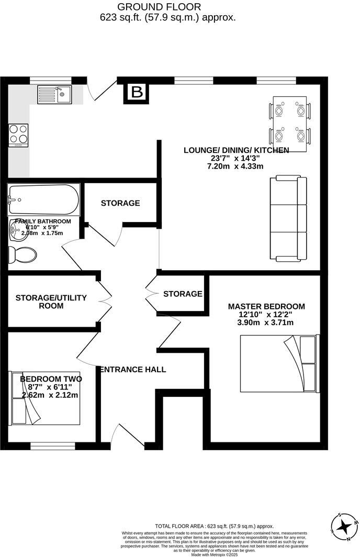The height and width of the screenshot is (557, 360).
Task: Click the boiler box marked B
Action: [x=137, y=92]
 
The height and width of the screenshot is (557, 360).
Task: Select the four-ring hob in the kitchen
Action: [x=18, y=134]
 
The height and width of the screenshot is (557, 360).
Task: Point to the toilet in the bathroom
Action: [x=23, y=255]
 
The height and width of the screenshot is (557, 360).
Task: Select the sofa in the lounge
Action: [x=287, y=219]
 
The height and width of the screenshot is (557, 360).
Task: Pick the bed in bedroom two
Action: [x=45, y=398]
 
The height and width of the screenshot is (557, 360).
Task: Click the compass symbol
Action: [x=345, y=526]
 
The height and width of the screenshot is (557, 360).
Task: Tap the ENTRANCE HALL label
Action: [x=133, y=370]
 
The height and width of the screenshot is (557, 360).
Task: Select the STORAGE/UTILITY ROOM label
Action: [x=51, y=302]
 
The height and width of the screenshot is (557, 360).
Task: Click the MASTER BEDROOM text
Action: [x=266, y=306]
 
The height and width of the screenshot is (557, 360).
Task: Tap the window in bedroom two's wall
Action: [x=52, y=446]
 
